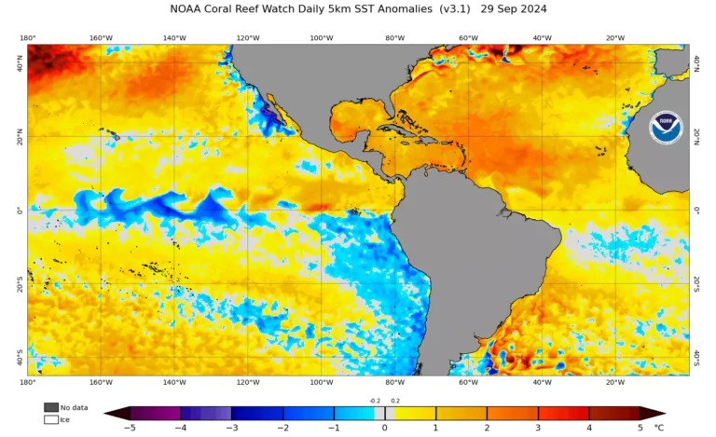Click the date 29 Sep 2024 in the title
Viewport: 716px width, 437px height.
pos(513,8)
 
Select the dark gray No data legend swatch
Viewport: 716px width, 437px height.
pos(50,407)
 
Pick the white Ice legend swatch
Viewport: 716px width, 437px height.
pos(50,419)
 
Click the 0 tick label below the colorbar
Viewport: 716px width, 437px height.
pos(384,428)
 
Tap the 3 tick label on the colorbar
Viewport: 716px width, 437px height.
pos(538,428)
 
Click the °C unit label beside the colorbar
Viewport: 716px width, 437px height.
pos(659,428)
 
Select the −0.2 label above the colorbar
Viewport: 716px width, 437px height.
pos(375,401)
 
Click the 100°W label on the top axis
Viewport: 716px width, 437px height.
pos(321,38)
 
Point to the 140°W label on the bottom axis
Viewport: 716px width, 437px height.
pos(174,382)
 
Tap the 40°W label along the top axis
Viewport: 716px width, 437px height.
pos(542,38)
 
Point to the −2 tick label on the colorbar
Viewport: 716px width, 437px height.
pos(282,428)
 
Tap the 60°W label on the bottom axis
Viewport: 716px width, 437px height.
pos(468,382)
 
